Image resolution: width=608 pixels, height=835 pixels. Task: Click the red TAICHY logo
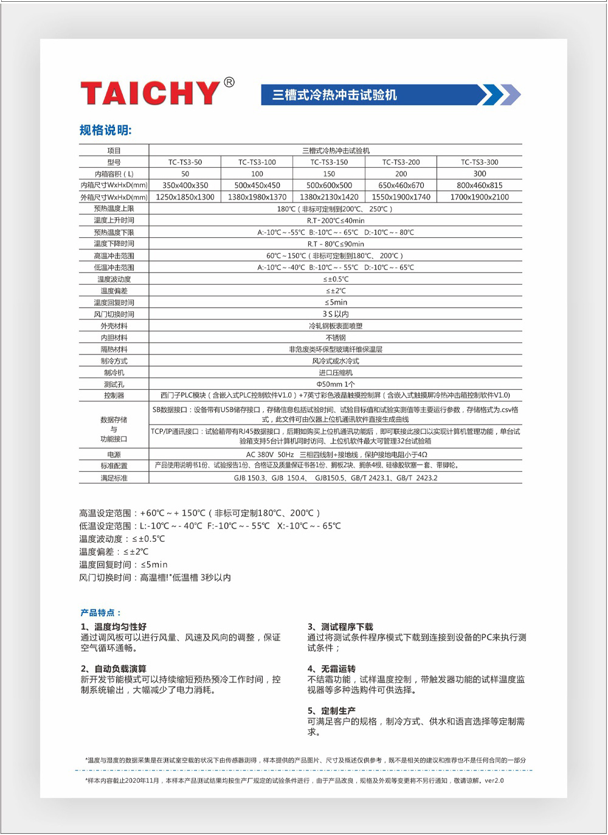click(150, 92)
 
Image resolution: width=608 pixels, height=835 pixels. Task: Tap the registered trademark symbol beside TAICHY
click(229, 82)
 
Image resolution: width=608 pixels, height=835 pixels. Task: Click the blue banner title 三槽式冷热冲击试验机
click(334, 95)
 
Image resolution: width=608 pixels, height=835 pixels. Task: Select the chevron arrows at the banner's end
click(499, 95)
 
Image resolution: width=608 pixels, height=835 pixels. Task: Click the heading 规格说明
click(105, 130)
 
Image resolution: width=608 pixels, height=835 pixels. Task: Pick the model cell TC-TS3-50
click(185, 162)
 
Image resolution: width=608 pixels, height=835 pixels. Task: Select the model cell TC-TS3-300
click(479, 162)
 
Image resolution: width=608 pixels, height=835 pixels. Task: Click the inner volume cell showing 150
click(329, 174)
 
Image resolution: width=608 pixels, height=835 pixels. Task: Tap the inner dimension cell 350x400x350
click(185, 185)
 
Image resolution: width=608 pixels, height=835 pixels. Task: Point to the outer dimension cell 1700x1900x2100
click(479, 197)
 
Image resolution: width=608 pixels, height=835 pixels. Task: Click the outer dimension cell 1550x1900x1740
click(401, 197)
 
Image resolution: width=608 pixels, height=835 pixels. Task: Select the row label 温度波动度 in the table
click(114, 279)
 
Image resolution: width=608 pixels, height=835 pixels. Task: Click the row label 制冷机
click(114, 373)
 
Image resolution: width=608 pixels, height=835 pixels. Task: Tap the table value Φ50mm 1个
click(336, 384)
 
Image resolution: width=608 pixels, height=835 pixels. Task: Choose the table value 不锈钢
click(336, 338)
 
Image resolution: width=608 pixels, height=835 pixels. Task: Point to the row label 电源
click(114, 455)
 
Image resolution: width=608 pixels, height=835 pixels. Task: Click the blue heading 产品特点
click(101, 612)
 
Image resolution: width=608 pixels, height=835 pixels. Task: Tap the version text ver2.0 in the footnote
click(494, 780)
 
